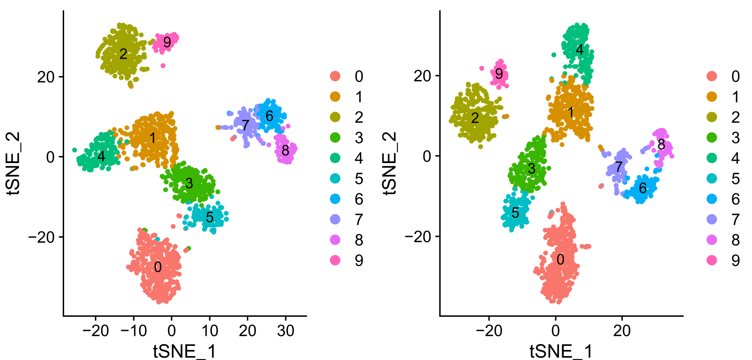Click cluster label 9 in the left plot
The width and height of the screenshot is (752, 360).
coord(167,42)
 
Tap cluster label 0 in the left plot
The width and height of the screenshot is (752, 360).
coord(158,267)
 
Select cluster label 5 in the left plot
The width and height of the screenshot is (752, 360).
coord(210,217)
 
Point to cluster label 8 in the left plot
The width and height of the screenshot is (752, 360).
coord(285,150)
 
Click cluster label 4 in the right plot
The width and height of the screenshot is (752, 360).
coord(580,50)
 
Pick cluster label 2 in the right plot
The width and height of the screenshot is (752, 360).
coord(475,118)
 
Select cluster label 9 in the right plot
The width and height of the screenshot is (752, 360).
coord(499,74)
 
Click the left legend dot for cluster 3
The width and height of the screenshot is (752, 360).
coord(335,138)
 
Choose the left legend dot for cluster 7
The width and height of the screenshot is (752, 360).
coord(335,219)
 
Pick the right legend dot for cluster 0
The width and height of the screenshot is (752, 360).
coord(712,76)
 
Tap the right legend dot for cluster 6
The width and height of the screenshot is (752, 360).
coord(712,199)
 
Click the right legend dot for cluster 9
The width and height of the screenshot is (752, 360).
coord(712,260)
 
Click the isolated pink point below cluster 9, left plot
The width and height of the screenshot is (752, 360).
coord(163,66)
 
